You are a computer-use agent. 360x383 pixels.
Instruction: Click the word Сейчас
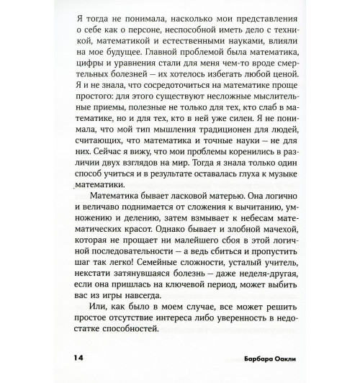(x=106, y=177)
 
